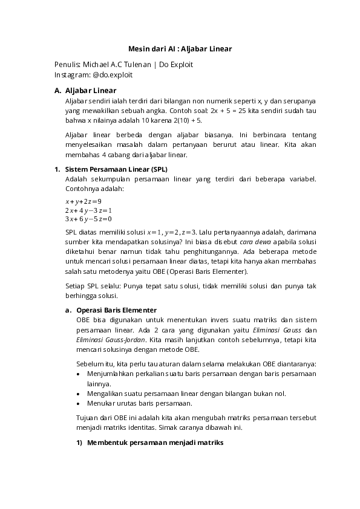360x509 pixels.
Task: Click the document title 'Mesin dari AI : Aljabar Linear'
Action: [x=180, y=48]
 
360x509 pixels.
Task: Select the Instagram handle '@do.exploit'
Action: [x=113, y=75]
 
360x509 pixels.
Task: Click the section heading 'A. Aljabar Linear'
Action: [x=85, y=90]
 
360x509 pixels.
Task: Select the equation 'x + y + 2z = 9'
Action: [x=83, y=201]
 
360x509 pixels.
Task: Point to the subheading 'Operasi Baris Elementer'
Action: [x=117, y=310]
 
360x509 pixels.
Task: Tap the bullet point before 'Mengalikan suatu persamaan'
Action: [x=79, y=394]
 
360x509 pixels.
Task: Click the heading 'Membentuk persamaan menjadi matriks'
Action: [x=155, y=443]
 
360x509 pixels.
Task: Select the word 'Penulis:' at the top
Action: [x=67, y=65]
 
